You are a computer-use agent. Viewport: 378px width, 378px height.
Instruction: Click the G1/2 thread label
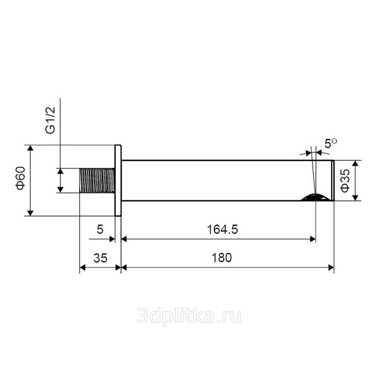(x=50, y=120)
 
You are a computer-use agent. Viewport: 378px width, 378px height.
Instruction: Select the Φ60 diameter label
(x=21, y=178)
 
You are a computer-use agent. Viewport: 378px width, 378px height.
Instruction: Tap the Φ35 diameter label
(x=345, y=180)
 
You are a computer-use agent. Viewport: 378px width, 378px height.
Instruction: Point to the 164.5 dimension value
(x=222, y=230)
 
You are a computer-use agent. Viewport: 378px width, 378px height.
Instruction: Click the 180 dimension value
(x=221, y=258)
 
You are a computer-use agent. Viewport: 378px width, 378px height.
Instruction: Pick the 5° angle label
(x=330, y=144)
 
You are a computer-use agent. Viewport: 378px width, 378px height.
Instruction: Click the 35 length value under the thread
(x=100, y=258)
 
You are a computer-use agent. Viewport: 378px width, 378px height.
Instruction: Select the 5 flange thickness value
(x=100, y=230)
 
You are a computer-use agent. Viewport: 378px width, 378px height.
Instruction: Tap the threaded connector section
(x=97, y=180)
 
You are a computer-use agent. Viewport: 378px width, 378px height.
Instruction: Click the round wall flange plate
(x=118, y=180)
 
